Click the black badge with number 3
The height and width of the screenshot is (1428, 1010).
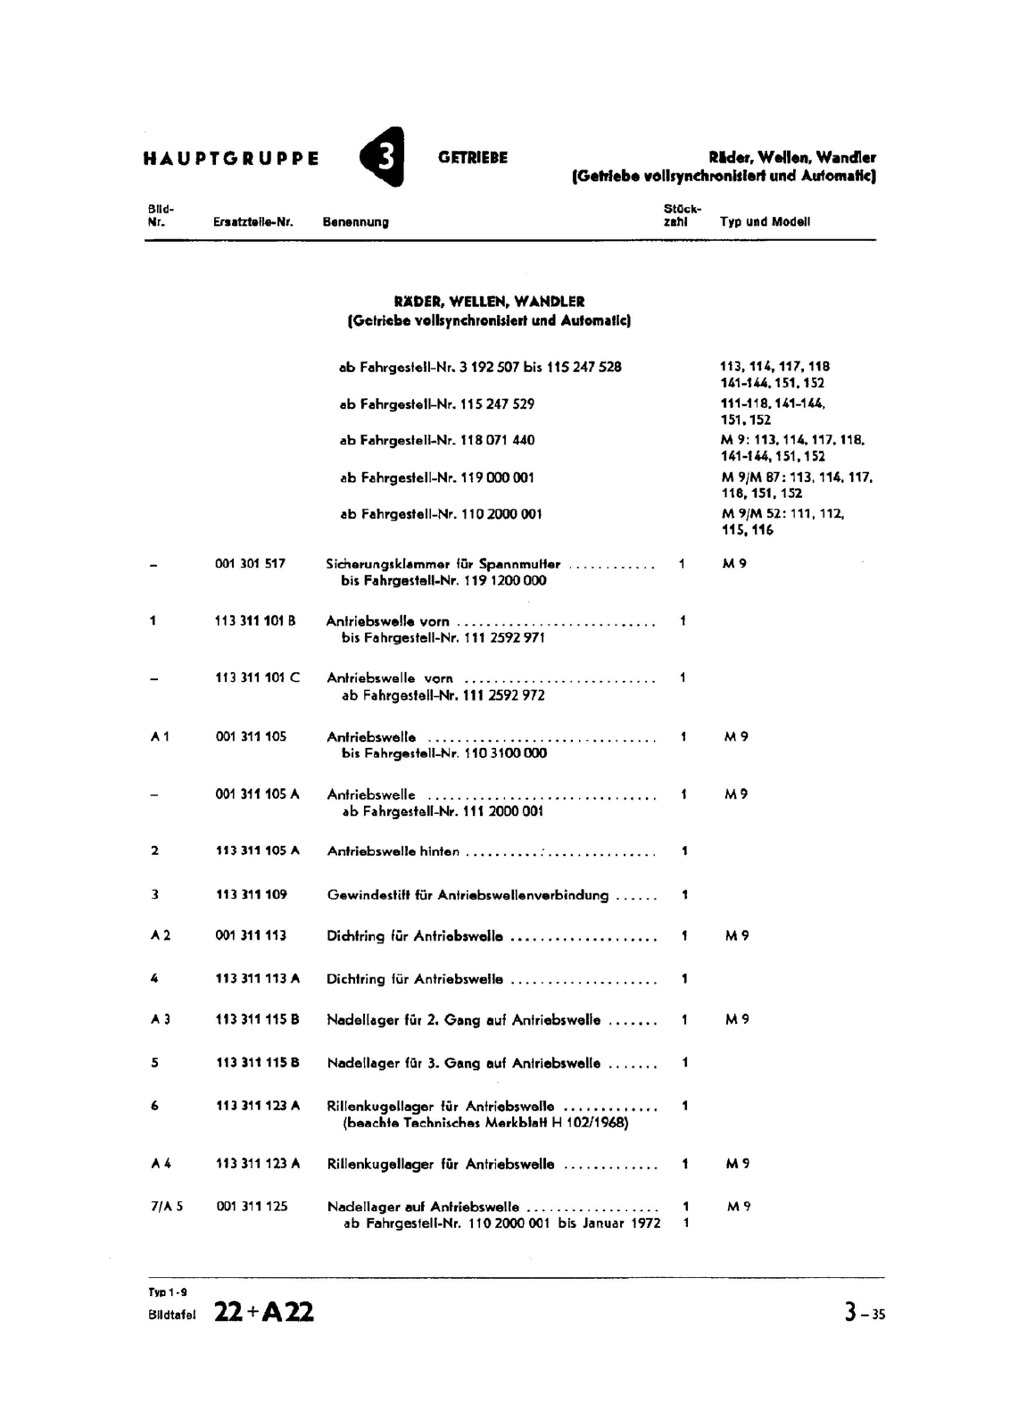382,158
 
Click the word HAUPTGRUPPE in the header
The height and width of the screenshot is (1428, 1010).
231,159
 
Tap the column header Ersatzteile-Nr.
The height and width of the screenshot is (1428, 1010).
254,222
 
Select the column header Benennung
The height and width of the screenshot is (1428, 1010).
356,222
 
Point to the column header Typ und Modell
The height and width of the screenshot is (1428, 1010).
765,222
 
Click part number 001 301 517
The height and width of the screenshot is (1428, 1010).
251,564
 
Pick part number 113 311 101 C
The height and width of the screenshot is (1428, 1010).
258,677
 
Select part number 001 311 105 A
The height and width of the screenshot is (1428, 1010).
258,793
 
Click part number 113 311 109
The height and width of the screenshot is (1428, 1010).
252,894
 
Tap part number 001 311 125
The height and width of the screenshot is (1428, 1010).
252,1206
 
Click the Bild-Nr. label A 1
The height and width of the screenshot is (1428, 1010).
161,736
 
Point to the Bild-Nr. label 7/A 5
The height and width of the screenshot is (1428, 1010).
167,1206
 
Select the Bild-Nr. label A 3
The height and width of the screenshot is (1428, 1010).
161,1019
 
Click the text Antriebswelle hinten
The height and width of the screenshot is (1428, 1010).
393,851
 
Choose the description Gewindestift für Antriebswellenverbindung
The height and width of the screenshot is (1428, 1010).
468,895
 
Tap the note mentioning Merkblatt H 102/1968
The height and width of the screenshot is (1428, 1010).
486,1123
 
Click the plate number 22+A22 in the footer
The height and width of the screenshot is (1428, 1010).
264,1312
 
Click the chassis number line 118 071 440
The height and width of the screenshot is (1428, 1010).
437,440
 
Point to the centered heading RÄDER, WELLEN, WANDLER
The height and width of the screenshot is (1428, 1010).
490,302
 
